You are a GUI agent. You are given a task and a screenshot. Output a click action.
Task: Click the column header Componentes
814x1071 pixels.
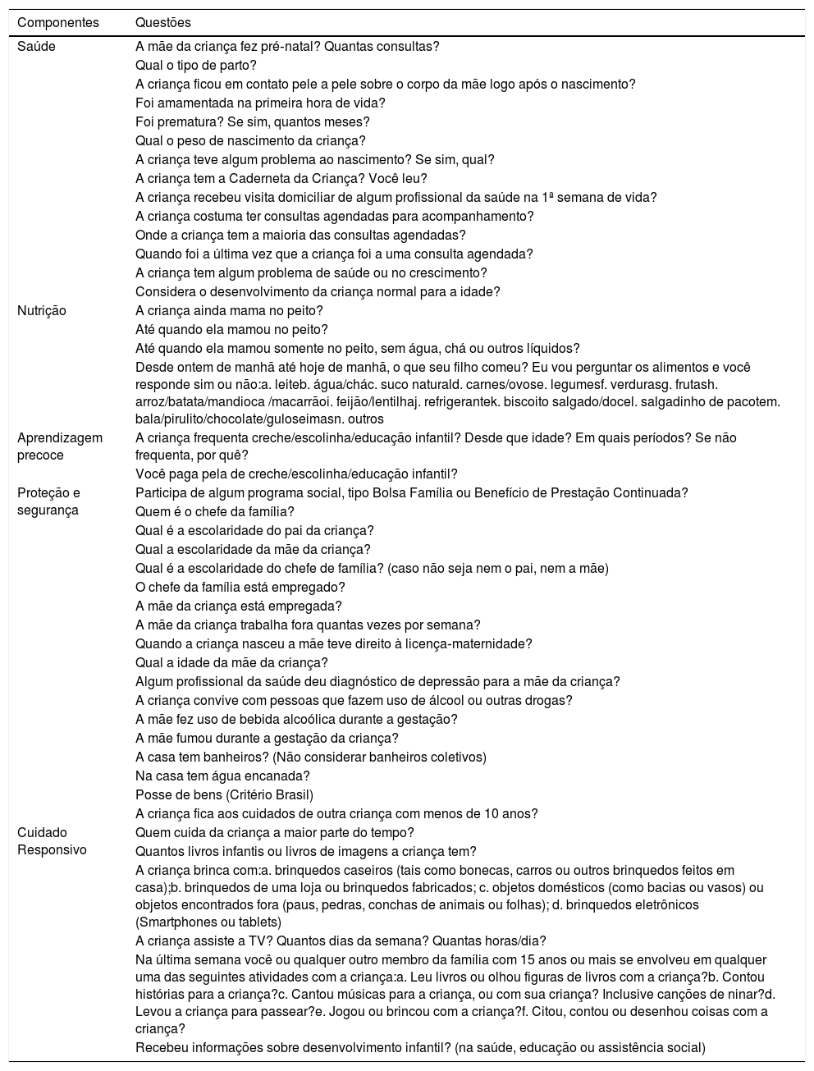58,22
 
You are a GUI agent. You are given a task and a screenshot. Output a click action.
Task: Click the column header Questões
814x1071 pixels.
163,22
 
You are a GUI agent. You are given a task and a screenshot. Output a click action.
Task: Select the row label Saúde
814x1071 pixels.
37,47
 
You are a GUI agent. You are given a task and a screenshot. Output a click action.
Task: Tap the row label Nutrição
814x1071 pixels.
42,311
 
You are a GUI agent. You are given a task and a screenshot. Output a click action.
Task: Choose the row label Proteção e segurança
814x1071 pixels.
48,501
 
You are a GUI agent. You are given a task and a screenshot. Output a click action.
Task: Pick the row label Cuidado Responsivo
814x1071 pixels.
52,841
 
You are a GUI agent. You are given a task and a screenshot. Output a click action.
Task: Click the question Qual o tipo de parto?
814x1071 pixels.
196,66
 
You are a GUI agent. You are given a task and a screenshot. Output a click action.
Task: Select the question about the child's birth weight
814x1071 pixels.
250,141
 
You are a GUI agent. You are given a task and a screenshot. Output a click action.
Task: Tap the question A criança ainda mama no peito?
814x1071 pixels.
229,311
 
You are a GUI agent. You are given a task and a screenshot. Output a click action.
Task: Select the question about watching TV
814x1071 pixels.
341,941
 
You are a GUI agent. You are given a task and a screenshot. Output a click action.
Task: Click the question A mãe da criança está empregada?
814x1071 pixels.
239,606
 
